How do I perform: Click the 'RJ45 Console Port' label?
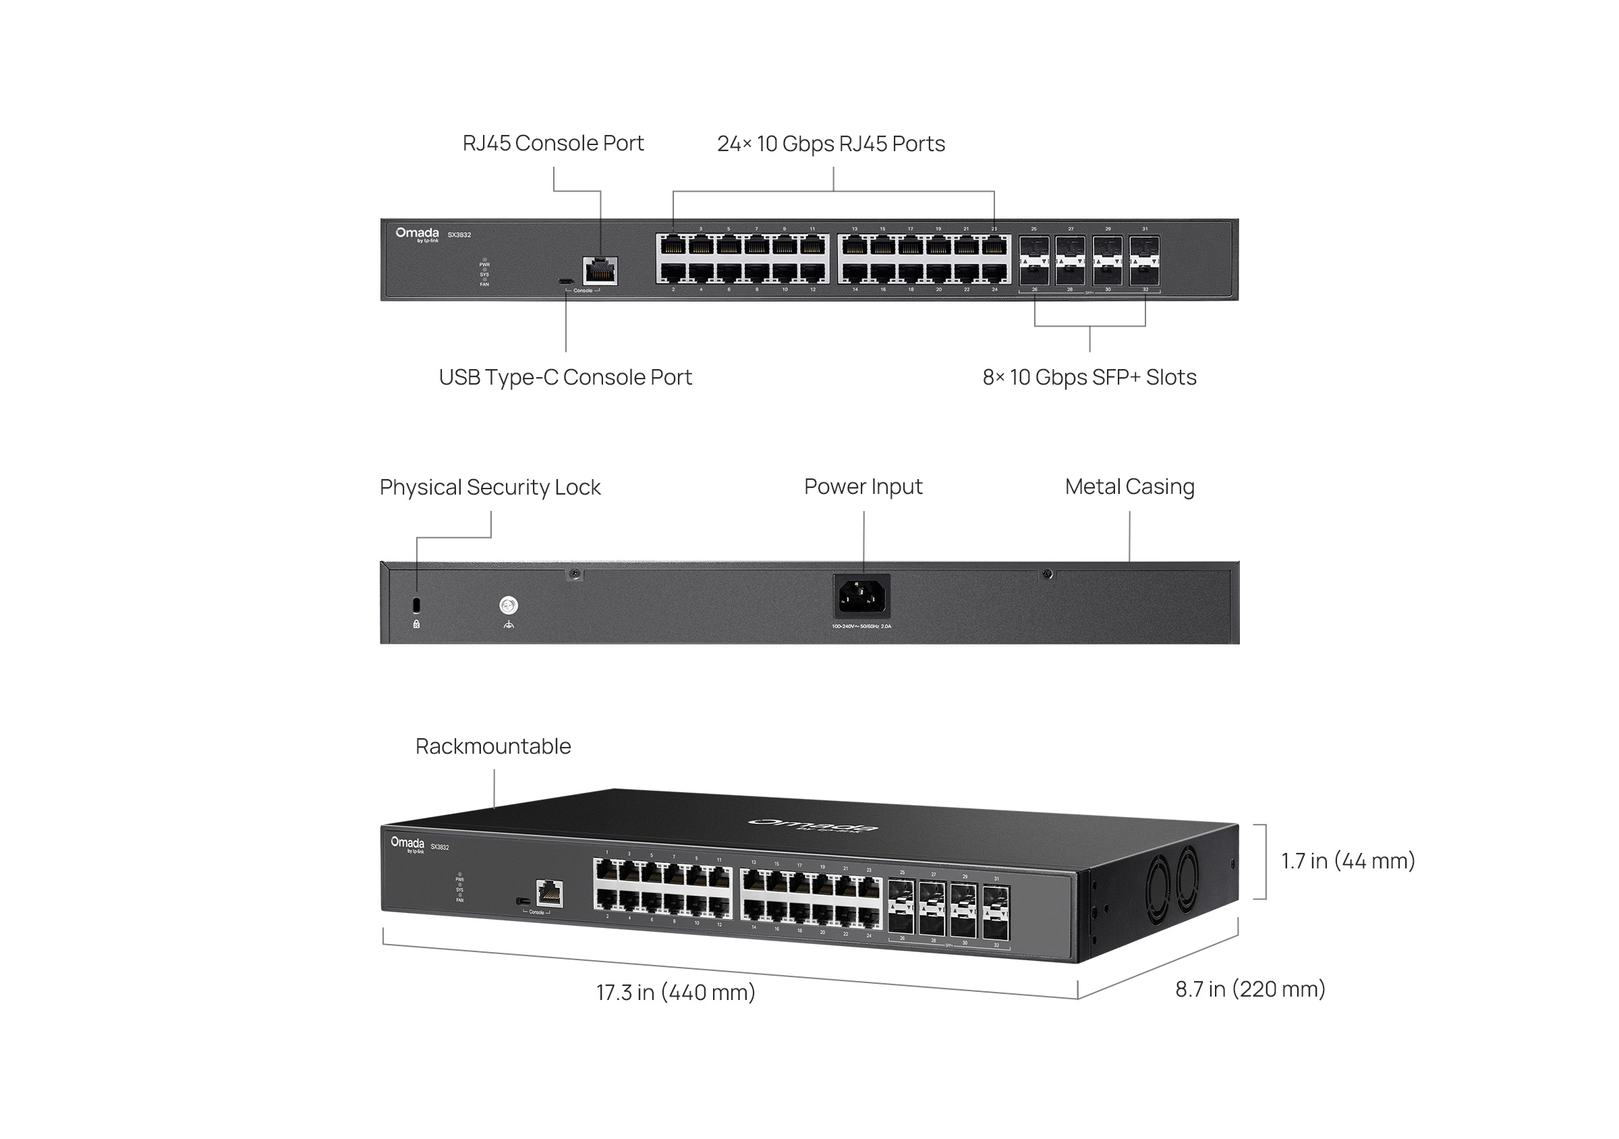coord(553,143)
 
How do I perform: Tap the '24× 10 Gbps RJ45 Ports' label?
coord(830,144)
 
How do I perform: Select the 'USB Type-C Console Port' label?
coord(565,377)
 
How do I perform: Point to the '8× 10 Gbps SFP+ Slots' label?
coord(1089,377)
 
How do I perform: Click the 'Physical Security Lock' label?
coord(489,487)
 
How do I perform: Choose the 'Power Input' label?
coord(862,487)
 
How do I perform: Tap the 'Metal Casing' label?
coord(1129,487)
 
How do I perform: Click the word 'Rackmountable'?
coord(493,746)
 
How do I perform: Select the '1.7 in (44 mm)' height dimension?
coord(1348,861)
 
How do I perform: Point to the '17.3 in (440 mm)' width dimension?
coord(675,993)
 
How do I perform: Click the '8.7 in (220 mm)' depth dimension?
coord(1249,989)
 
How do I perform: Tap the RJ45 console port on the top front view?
coord(600,271)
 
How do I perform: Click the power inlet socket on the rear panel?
coord(861,596)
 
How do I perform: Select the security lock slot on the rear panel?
coord(416,605)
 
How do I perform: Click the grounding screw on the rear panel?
coord(509,605)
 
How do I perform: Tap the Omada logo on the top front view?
coord(417,234)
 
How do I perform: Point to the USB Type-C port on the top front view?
coord(565,281)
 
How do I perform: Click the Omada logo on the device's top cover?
coord(813,825)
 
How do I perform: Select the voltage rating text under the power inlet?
coord(861,626)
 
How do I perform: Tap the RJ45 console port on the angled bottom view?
coord(548,893)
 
